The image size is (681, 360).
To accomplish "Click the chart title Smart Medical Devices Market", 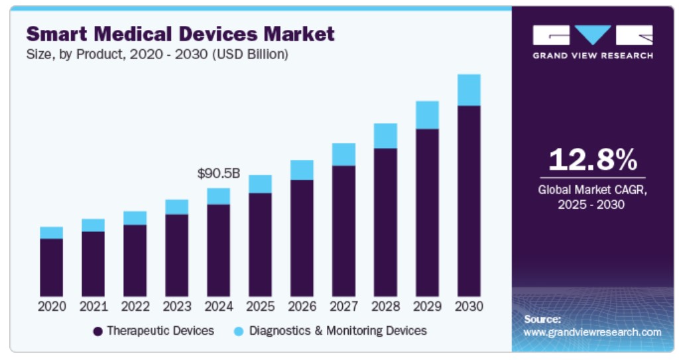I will coord(180,33).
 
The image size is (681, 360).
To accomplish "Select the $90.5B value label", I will coord(218,174).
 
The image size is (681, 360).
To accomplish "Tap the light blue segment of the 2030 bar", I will coord(469,90).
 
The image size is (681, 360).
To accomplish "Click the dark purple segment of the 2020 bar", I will coord(51,267).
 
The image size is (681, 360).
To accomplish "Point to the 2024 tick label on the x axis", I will coord(218,307).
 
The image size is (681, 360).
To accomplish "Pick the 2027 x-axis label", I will coord(343,307).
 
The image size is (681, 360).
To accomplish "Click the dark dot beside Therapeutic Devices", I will coord(97,330).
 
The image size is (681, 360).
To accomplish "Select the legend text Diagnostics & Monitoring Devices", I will coord(338,330).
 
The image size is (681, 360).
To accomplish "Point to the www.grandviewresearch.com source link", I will coord(592,331).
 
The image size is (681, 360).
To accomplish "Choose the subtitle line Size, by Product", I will coord(157,54).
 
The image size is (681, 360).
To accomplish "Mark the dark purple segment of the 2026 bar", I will coord(302,238).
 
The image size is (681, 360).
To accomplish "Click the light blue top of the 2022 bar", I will coord(135,217).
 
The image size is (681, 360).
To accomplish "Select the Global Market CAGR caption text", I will coord(592,197).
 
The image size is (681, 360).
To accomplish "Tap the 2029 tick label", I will coord(427,307).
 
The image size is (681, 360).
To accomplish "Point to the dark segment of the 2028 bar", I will coord(385,222).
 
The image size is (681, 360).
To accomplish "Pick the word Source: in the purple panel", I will coord(542,319).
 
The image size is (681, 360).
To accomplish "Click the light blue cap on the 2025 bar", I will coord(260,184).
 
